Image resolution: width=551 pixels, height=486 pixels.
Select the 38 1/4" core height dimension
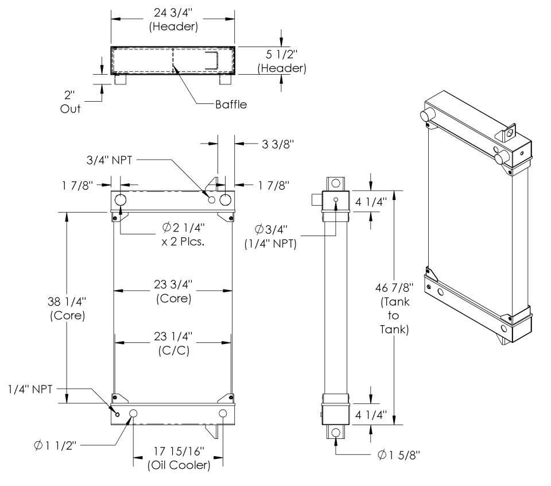(x=67, y=307)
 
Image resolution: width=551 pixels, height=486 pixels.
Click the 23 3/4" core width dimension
(x=173, y=291)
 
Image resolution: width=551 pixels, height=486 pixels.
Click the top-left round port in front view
(x=121, y=200)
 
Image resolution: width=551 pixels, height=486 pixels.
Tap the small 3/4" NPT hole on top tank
(x=212, y=200)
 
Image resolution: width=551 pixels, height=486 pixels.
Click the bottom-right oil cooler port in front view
(x=223, y=414)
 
